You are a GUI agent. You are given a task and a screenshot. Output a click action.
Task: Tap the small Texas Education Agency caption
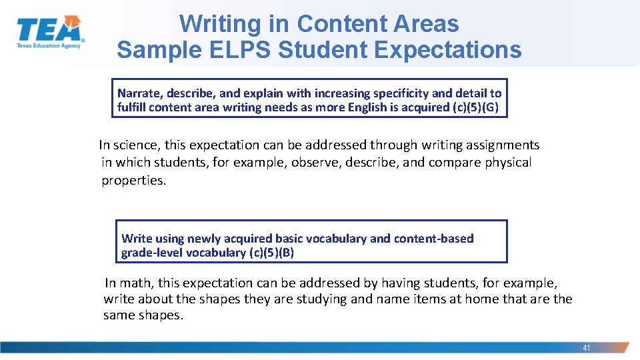pos(49,45)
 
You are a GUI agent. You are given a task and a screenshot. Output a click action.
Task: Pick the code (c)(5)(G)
pos(475,107)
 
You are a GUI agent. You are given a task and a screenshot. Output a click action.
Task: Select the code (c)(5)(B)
pos(271,253)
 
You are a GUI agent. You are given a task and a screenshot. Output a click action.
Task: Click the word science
pos(139,145)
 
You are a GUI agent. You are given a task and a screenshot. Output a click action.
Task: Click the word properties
pos(133,180)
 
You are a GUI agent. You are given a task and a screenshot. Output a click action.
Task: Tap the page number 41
pos(587,348)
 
